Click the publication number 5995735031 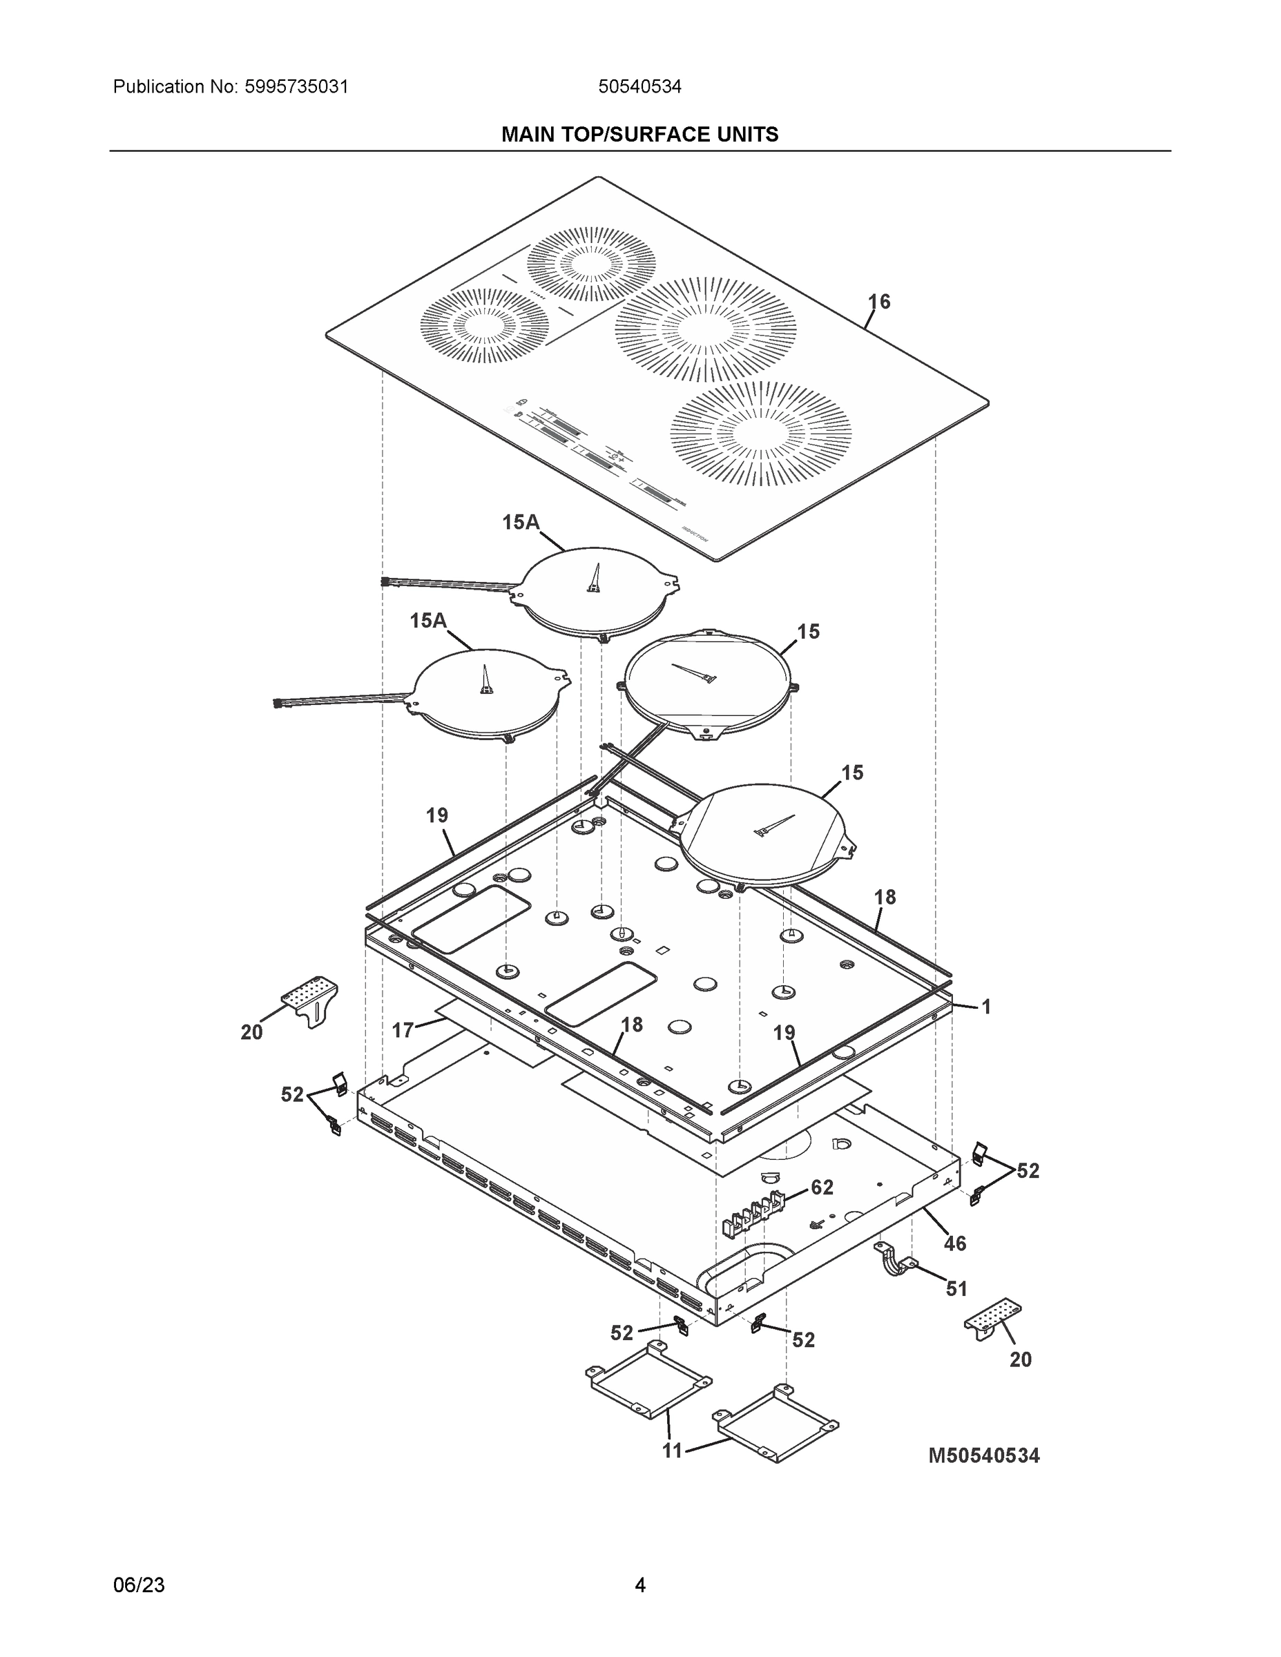(x=296, y=86)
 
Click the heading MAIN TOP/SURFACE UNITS (x=639, y=135)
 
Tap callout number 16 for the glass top (x=879, y=302)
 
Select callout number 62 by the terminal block (x=822, y=1188)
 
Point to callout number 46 (x=954, y=1243)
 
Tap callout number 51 (x=956, y=1288)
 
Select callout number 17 (x=403, y=1029)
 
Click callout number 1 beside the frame (x=986, y=1007)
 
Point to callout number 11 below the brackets (x=673, y=1451)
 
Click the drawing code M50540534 (x=984, y=1455)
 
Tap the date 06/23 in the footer (x=139, y=1585)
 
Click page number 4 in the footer (x=639, y=1585)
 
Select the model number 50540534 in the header (x=639, y=86)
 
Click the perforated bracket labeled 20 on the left (x=311, y=998)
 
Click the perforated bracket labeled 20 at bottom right (x=992, y=1319)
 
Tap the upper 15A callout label (x=521, y=522)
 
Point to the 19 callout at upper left (x=437, y=815)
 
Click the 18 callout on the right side (x=885, y=898)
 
